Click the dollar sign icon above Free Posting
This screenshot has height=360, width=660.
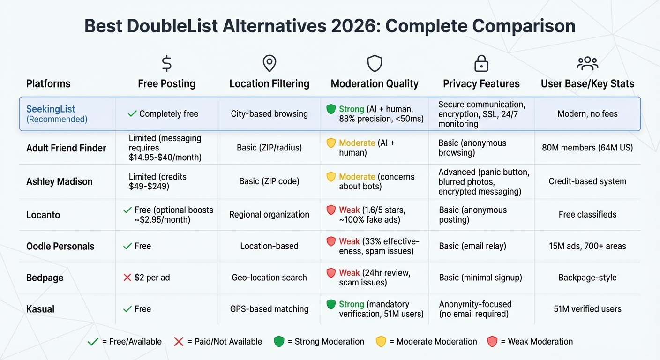click(166, 63)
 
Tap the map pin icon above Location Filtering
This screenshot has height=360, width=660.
click(270, 63)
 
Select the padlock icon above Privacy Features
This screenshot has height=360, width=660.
click(481, 63)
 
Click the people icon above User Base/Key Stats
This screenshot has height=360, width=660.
click(587, 63)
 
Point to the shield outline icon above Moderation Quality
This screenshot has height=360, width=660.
click(375, 63)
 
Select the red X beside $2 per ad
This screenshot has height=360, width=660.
click(127, 277)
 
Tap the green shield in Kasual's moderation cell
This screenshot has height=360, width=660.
click(331, 304)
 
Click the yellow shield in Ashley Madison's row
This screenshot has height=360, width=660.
click(331, 177)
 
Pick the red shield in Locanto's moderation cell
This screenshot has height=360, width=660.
click(331, 210)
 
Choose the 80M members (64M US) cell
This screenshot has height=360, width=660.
click(587, 148)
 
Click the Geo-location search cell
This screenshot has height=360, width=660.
click(269, 277)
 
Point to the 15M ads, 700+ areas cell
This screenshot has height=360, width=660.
click(587, 246)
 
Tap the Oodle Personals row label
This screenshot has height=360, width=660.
click(60, 246)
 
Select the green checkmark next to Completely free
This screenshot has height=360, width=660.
click(132, 113)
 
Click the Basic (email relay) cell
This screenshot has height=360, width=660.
click(472, 246)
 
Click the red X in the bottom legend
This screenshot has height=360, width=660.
click(179, 342)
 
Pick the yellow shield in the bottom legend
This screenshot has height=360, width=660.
click(381, 342)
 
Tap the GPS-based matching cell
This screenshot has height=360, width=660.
click(269, 309)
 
